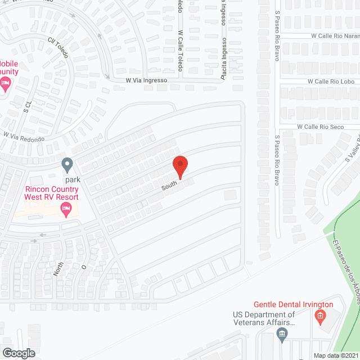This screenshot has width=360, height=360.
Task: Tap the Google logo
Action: point(18,353)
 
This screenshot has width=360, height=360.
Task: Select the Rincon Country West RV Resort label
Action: point(51,192)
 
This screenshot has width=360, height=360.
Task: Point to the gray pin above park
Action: point(67,165)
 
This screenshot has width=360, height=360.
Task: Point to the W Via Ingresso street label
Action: point(146,80)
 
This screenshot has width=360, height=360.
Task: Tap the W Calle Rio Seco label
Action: point(320,127)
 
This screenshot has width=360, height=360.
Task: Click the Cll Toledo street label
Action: point(57,48)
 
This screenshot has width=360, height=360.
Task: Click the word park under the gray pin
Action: point(72,179)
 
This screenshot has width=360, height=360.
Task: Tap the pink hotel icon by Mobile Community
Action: point(6,84)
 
